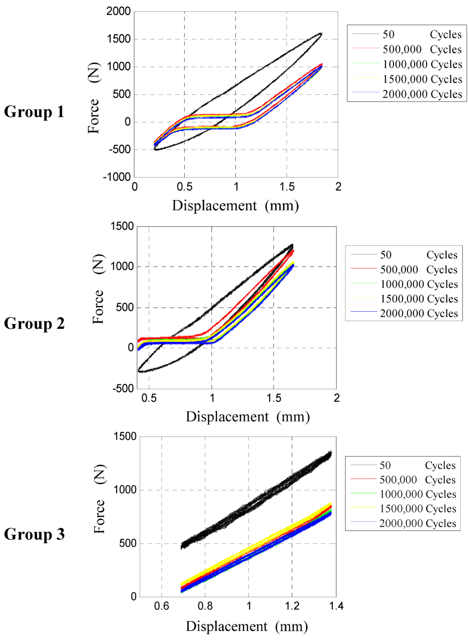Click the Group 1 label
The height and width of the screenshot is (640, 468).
click(34, 112)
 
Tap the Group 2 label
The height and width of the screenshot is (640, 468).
click(34, 323)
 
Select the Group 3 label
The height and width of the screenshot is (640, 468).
click(34, 534)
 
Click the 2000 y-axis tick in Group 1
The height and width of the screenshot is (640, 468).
click(118, 11)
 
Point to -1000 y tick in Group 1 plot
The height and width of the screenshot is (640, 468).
click(117, 177)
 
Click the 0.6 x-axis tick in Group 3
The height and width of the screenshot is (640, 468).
click(161, 606)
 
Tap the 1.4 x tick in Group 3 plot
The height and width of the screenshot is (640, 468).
click(336, 606)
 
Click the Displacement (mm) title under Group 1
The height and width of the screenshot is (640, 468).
click(235, 206)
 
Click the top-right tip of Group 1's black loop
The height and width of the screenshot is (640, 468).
click(321, 33)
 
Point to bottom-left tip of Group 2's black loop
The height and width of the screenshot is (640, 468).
click(139, 371)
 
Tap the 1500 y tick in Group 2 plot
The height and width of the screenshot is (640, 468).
click(122, 226)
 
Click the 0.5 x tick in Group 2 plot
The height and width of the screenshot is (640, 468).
click(149, 398)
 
